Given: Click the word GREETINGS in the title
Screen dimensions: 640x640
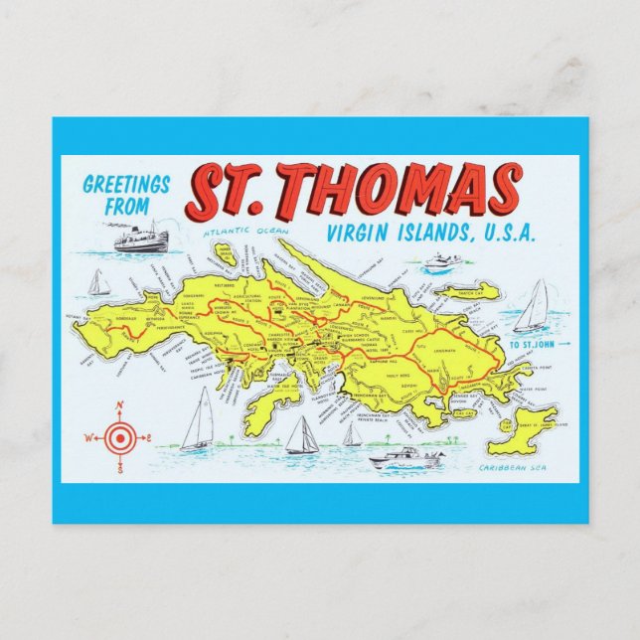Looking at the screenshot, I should pyautogui.click(x=127, y=185).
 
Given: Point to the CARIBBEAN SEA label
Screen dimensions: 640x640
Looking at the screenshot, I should pyautogui.click(x=509, y=467).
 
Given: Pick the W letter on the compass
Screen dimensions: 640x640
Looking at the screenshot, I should pyautogui.click(x=88, y=437).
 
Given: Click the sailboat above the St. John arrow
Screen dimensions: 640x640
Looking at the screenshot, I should pyautogui.click(x=533, y=307).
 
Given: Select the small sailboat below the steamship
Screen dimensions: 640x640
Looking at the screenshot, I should pyautogui.click(x=97, y=283).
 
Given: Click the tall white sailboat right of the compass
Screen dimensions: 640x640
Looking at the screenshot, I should pyautogui.click(x=201, y=420).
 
